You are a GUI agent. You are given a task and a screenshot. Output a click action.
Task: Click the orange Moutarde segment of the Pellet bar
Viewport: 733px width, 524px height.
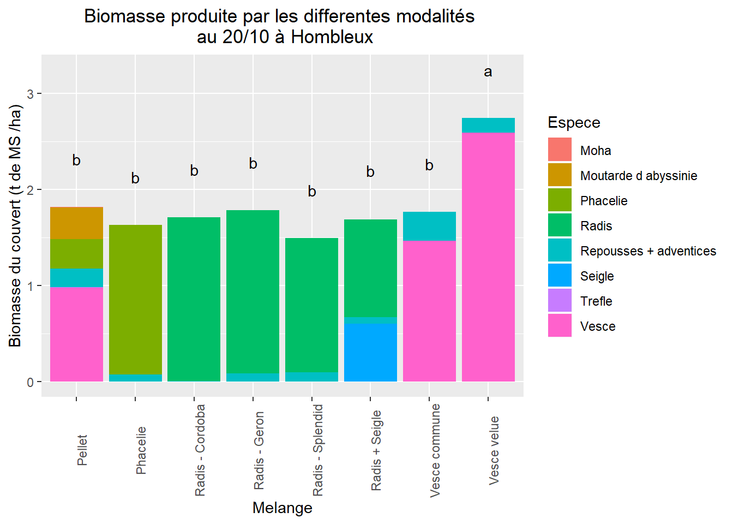coord(76,223)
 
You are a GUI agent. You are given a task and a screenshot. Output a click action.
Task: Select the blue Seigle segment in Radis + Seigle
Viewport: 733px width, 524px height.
coord(370,352)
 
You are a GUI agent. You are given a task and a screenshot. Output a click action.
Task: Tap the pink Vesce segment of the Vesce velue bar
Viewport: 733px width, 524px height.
coord(488,257)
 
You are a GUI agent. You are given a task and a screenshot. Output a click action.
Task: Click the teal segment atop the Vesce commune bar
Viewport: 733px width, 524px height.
coord(429,226)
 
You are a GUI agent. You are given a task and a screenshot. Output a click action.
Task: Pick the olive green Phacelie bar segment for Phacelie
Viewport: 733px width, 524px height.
coord(135,299)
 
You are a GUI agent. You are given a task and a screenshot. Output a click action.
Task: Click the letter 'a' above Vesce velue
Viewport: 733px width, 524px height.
coord(488,72)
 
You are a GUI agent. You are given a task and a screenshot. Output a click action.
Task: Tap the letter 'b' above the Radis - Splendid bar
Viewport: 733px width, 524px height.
coord(312,192)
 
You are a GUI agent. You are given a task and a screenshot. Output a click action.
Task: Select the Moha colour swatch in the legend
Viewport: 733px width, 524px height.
coord(560,150)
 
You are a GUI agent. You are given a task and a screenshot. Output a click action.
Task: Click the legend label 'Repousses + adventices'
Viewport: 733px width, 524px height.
coord(648,251)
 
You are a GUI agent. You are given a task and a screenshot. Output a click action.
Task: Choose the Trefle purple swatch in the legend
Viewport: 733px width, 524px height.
coord(560,301)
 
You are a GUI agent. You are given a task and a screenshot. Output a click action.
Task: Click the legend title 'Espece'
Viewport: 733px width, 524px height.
coord(574,123)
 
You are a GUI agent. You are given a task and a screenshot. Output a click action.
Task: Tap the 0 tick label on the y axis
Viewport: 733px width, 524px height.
coord(31,382)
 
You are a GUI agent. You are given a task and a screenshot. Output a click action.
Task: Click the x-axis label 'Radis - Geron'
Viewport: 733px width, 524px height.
coord(259,450)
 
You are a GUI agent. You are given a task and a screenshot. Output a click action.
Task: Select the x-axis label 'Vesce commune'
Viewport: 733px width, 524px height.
coord(435,450)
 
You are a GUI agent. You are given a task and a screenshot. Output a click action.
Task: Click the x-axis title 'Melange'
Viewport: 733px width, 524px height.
coord(283,508)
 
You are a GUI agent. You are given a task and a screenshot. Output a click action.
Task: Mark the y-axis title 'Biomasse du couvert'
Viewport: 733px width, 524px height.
coord(15,227)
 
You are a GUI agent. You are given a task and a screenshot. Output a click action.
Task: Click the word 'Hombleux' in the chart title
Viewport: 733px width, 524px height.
coord(332,37)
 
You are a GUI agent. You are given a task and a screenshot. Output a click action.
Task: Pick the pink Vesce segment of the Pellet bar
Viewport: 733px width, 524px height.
coord(76,334)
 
